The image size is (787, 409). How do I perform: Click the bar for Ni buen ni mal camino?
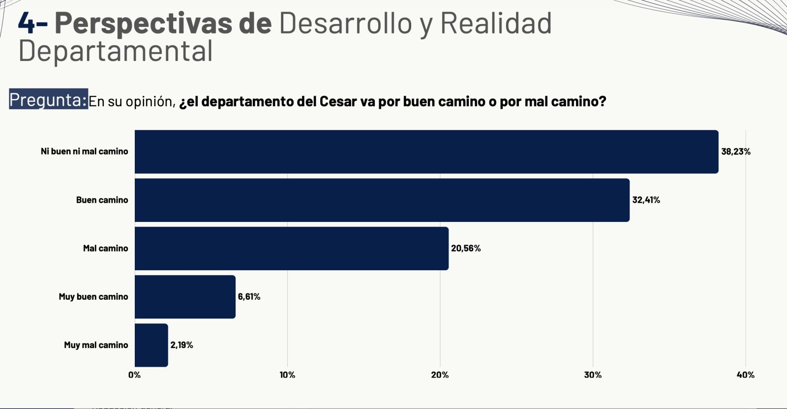(x=426, y=152)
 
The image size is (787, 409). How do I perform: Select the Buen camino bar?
(x=382, y=200)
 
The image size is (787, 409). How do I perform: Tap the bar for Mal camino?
(x=291, y=248)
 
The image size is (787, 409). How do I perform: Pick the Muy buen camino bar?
(x=185, y=296)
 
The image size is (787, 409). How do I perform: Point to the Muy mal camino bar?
(x=151, y=345)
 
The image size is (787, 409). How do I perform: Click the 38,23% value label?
(x=736, y=152)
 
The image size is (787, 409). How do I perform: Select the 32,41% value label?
(x=646, y=200)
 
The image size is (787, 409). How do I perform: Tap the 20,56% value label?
(x=466, y=248)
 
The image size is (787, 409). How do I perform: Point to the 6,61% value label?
(x=249, y=296)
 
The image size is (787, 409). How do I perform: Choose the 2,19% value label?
(x=182, y=345)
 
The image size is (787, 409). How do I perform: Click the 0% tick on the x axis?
(x=134, y=375)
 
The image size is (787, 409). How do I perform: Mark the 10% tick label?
(x=287, y=375)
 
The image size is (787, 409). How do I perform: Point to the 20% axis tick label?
(x=440, y=375)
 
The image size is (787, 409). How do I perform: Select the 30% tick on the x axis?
(x=593, y=375)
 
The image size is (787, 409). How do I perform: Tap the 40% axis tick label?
(x=745, y=375)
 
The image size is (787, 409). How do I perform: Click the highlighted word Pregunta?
(x=48, y=99)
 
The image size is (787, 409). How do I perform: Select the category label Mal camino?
(x=105, y=248)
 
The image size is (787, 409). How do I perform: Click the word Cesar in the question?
(x=338, y=101)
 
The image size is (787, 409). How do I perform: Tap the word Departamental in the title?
(x=116, y=51)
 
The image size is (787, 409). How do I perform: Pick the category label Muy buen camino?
(x=93, y=296)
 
